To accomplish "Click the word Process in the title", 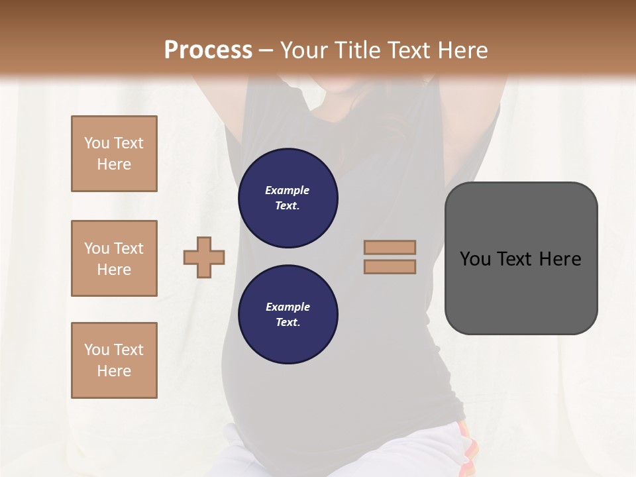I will tap(208, 50).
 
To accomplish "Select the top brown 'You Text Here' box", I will tap(114, 154).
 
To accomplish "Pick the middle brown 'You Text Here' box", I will tap(114, 258).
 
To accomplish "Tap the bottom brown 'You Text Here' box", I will tap(114, 360).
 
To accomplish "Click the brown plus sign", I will tap(204, 257).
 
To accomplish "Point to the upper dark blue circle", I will tap(288, 197).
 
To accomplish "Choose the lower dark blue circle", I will tap(288, 314).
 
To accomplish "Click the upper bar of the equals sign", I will tap(390, 247).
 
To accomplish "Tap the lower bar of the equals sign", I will tap(390, 267).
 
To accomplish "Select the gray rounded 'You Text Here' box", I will tap(521, 258).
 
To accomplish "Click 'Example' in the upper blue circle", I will tap(288, 190).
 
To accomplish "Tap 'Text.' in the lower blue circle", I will tap(288, 323).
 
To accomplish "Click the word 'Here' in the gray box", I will tap(560, 259).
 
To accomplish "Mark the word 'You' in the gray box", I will tap(476, 259).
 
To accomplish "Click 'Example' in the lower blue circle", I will tap(288, 307).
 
